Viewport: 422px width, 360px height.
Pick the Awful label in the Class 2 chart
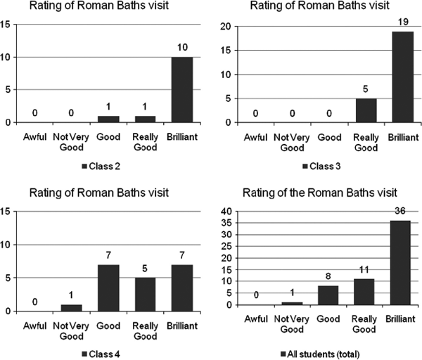[30, 134]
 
